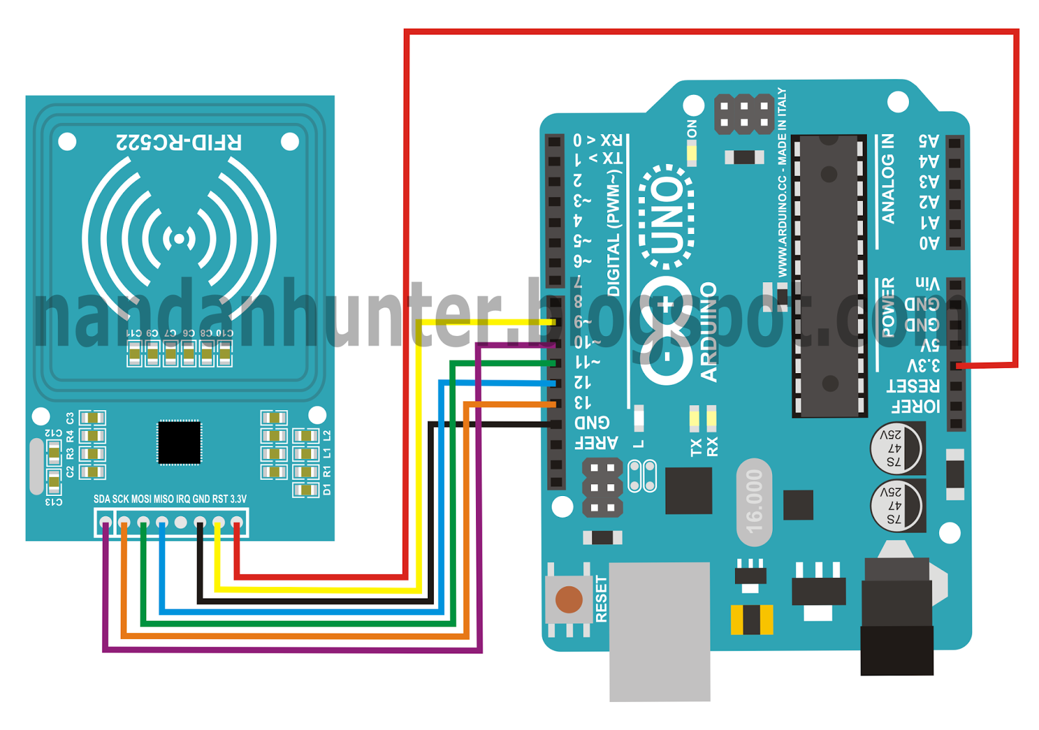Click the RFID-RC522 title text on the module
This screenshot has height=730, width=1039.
179,142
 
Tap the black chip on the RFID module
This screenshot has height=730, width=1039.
179,443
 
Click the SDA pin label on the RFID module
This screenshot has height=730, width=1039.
102,499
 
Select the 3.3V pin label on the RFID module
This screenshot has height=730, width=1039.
238,499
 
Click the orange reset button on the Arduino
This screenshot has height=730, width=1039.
569,599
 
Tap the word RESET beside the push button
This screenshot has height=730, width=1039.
601,599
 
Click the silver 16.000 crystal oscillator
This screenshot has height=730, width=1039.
754,501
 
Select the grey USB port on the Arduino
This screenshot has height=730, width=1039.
660,631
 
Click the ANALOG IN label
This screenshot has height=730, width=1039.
888,179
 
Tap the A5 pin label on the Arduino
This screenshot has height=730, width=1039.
929,141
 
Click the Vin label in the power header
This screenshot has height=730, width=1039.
927,283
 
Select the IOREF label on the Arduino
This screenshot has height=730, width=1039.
916,407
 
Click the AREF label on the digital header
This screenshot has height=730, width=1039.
596,443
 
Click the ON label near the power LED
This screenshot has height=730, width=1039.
692,129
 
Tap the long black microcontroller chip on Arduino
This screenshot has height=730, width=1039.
829,276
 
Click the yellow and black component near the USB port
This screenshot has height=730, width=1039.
752,619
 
